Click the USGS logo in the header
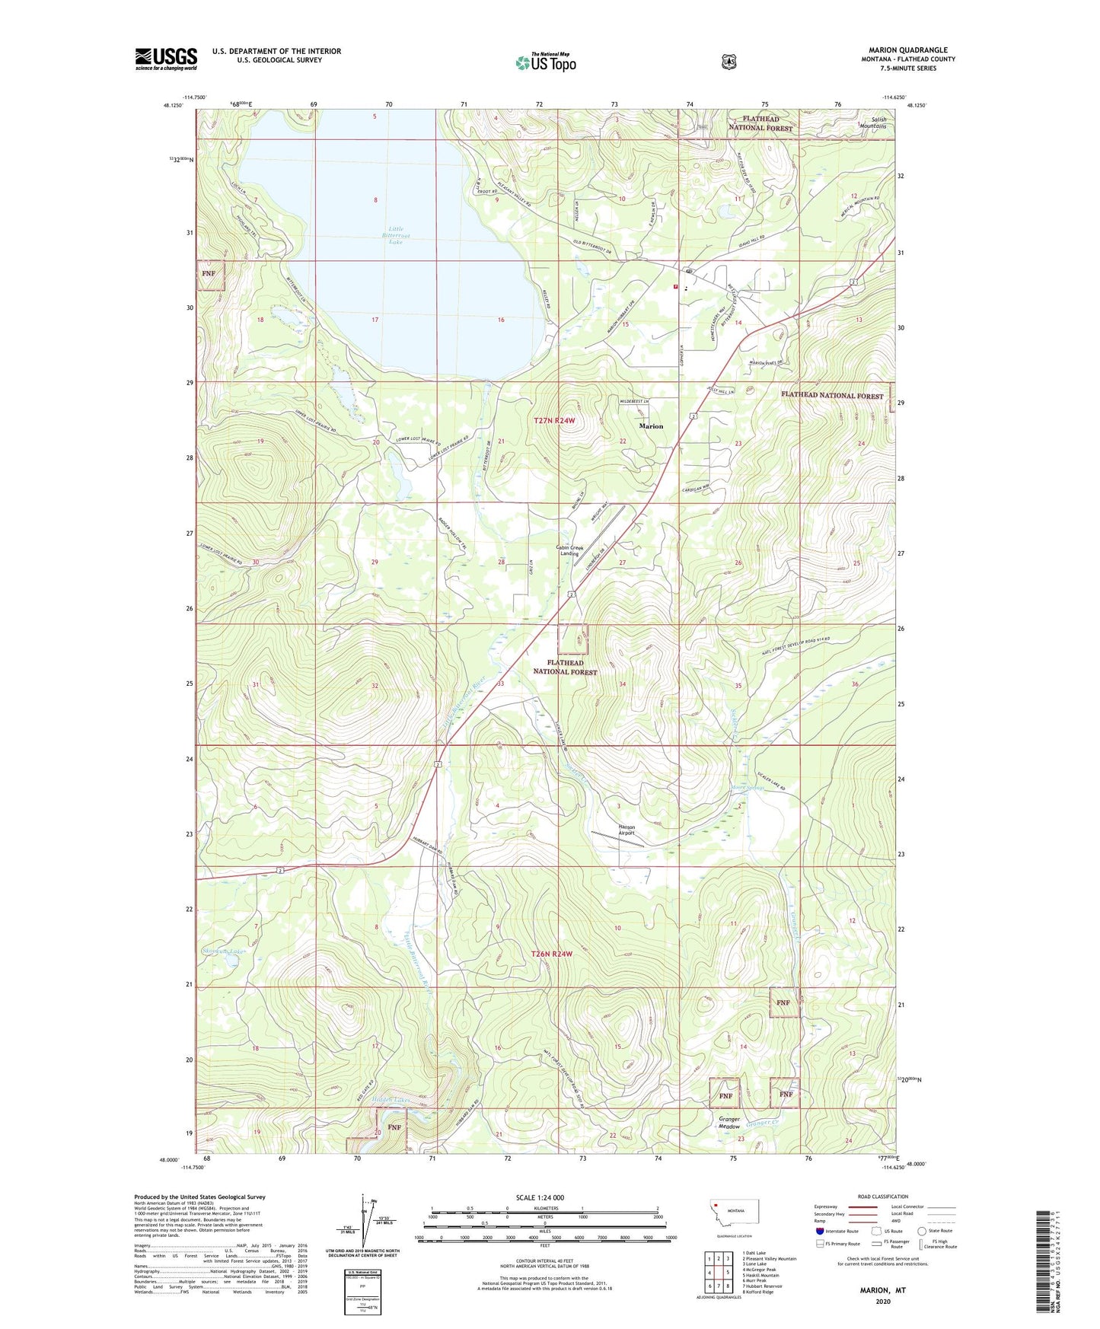[166, 59]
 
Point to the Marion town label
[651, 426]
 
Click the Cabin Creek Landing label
[569, 550]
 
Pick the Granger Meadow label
[729, 1123]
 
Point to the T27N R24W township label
[560, 420]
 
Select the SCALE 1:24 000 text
[540, 1197]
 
